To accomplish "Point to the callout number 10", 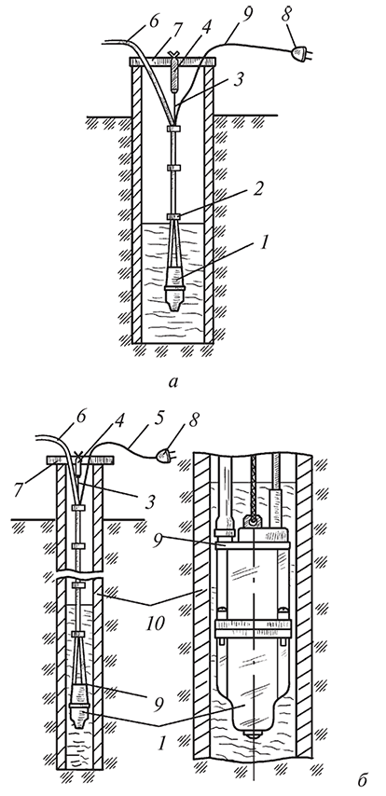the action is (x=155, y=624).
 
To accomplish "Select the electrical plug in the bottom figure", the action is (x=163, y=454).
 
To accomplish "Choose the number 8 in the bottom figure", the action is (x=195, y=420).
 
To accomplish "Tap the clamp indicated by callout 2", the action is (x=173, y=217).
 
